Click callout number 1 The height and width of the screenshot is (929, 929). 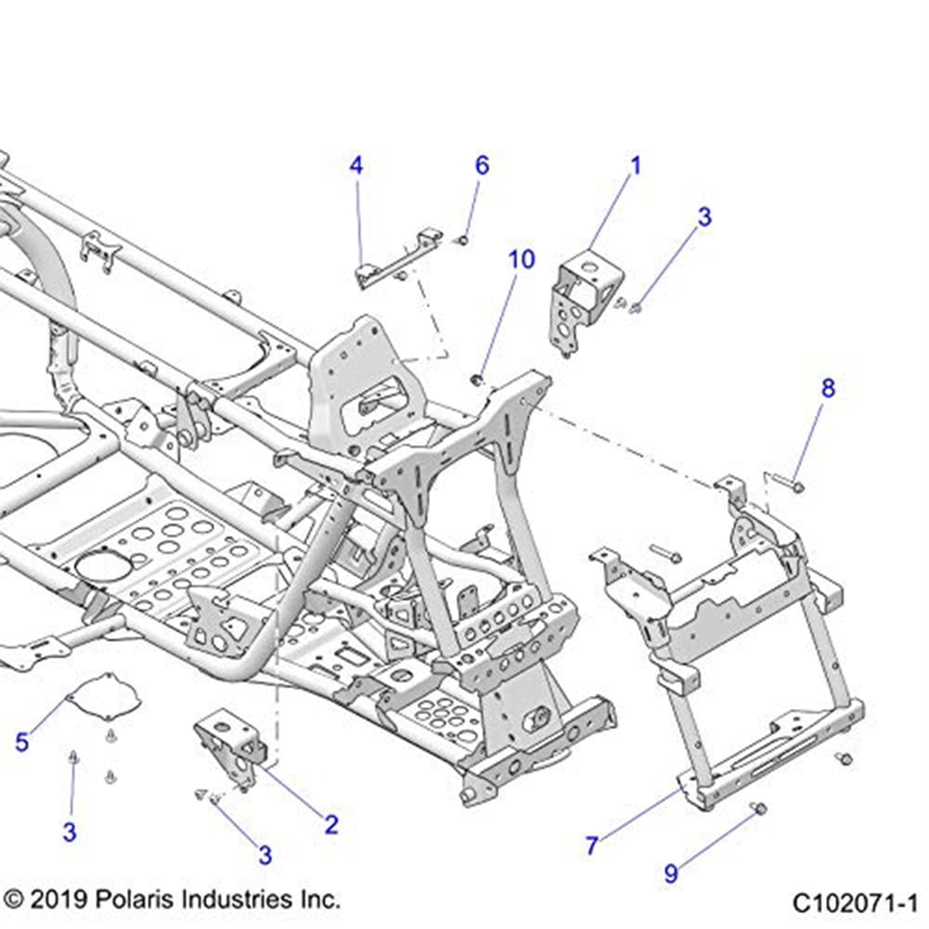pos(636,166)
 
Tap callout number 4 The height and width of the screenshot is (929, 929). pos(356,166)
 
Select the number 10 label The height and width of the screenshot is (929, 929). pos(522,259)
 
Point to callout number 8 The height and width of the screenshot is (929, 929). pos(827,387)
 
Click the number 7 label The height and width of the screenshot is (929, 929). pos(592,845)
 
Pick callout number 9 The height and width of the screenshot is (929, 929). pos(671,872)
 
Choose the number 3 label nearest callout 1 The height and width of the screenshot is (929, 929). pos(705,217)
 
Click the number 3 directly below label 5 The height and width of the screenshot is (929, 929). pos(70,832)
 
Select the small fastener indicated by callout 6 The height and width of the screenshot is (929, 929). pos(461,242)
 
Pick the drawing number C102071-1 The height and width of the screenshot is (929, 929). pos(855,902)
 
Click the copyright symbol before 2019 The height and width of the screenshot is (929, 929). pos(14,899)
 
